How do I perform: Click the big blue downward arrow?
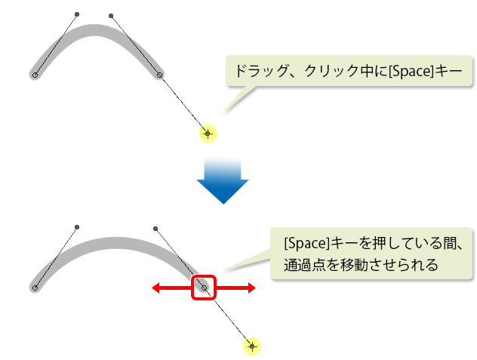(223, 181)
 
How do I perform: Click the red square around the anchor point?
(204, 288)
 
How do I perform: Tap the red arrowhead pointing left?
(155, 288)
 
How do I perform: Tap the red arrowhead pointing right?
(252, 288)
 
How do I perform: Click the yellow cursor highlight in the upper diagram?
(208, 134)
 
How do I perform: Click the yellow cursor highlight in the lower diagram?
(252, 346)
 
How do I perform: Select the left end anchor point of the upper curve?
(35, 75)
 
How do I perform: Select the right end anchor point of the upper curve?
(159, 75)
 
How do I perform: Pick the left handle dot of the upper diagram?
(77, 14)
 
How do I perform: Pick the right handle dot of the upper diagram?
(111, 16)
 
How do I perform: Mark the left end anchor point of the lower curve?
(35, 288)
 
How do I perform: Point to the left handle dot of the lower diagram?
(77, 227)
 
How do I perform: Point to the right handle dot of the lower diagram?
(155, 229)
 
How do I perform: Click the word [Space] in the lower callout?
(307, 244)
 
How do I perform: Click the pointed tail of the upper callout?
(223, 113)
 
